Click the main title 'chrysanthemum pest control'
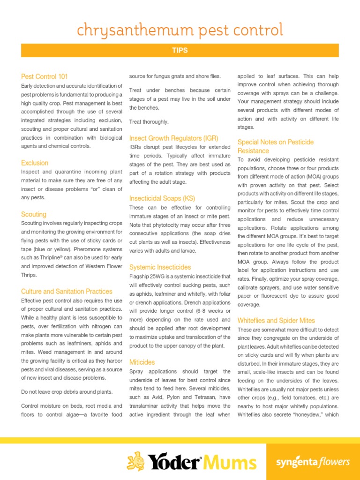180,30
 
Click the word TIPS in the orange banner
180,51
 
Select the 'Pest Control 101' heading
45,76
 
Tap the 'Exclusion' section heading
35,163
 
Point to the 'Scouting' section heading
34,214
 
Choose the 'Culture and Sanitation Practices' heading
67,291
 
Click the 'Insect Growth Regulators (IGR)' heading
173,138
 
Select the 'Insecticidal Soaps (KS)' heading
162,198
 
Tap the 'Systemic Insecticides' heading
160,267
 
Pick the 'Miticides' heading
142,362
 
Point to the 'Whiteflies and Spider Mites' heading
276,321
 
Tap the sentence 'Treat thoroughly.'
149,122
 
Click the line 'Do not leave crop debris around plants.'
67,392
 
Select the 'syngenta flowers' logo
313,462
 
